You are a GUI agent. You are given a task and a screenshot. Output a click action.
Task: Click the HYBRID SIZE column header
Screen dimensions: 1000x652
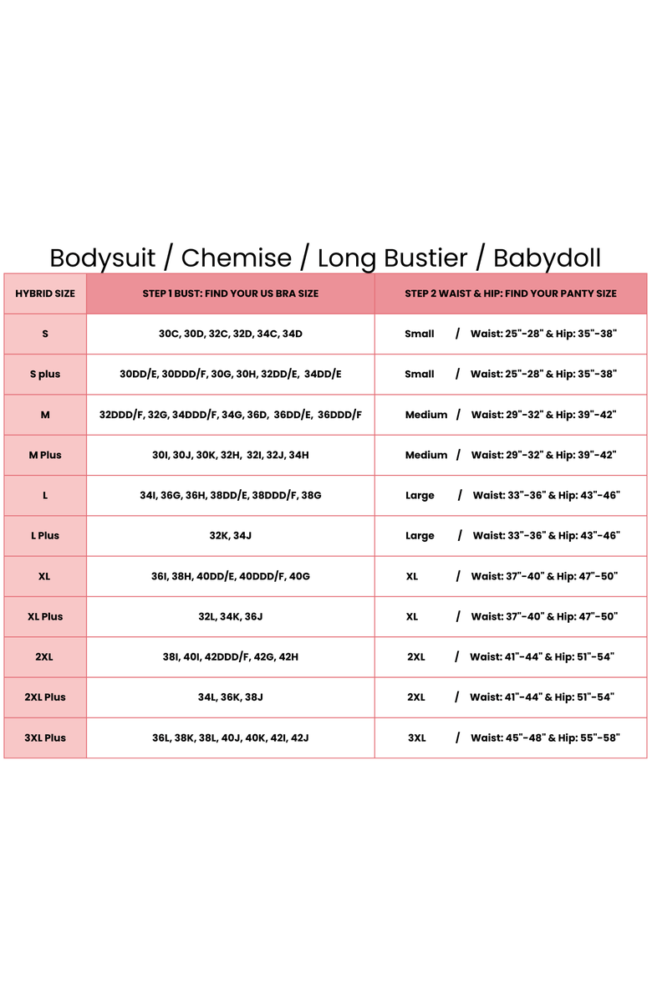point(45,293)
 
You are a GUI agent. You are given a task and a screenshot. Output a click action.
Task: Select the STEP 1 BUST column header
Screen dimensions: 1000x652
point(230,293)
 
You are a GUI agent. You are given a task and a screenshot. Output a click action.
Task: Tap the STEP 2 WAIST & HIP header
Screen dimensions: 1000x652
point(510,293)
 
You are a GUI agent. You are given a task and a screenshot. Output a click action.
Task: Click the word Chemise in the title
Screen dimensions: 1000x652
point(237,258)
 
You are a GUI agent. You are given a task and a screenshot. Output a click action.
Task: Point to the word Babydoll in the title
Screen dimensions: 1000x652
point(547,258)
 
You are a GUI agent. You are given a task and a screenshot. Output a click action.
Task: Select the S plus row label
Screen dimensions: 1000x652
point(45,375)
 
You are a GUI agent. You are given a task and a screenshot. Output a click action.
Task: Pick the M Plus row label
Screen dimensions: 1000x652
point(45,455)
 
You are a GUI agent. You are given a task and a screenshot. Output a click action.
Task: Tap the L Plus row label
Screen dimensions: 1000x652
point(45,536)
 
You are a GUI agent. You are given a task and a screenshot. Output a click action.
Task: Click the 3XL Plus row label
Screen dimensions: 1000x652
point(45,737)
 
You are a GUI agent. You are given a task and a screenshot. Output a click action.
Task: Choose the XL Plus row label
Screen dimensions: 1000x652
point(45,616)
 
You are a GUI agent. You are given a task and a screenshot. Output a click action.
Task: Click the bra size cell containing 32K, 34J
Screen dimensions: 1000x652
point(230,536)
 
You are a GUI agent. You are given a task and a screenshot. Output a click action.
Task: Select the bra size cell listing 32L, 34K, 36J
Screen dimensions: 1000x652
point(230,616)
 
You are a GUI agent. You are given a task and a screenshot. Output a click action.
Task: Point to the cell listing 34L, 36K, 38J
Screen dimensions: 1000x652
point(230,697)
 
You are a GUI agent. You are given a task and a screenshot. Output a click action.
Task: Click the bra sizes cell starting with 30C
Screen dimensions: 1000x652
point(230,334)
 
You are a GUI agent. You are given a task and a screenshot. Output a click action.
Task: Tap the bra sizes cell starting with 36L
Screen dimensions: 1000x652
point(230,737)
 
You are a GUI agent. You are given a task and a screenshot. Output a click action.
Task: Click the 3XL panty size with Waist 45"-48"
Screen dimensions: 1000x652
point(510,737)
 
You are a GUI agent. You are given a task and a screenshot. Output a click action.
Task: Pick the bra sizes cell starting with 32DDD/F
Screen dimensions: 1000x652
point(230,415)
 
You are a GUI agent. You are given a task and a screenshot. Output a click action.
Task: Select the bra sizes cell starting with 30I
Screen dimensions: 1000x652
point(230,455)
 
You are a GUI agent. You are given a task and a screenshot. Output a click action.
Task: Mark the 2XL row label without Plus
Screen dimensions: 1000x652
point(45,657)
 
